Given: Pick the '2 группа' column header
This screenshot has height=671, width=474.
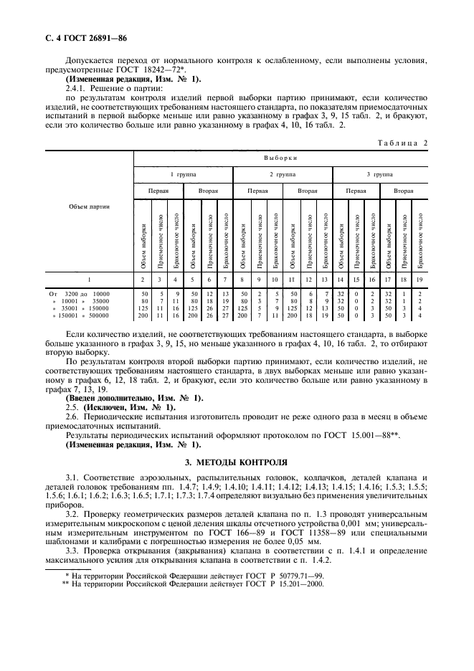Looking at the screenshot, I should point(281,174).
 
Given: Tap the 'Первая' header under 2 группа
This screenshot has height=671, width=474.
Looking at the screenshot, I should point(257,192).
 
